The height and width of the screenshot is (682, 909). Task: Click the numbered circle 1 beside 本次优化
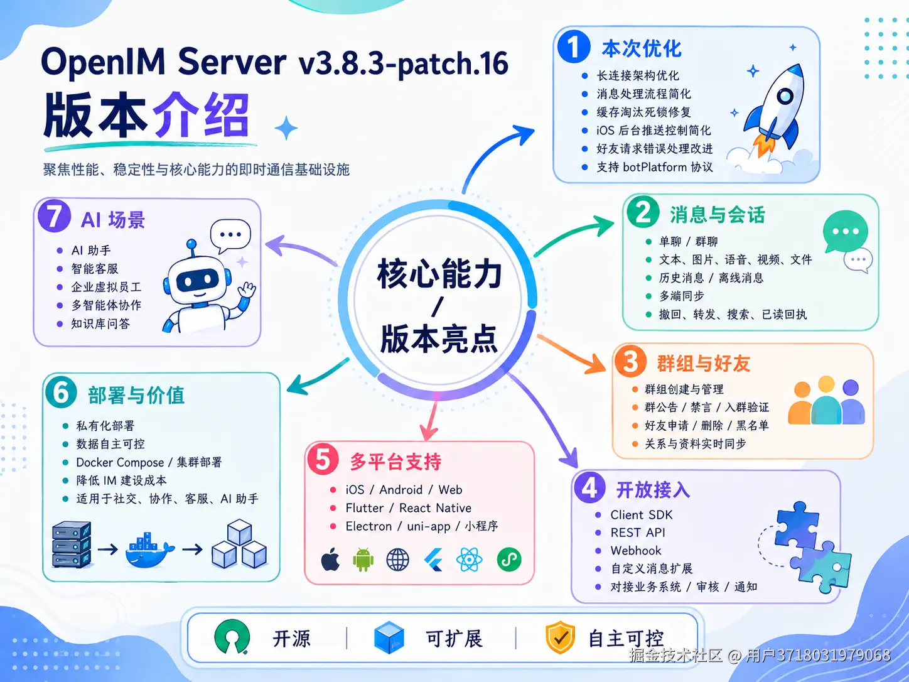coord(574,46)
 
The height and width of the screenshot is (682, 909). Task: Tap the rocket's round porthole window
coord(785,97)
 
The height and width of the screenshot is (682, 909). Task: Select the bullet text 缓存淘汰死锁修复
coord(643,112)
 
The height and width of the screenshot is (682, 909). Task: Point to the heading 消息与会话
coord(718,215)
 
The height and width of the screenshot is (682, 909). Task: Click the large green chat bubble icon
coord(845,231)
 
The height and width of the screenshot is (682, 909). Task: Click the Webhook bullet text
coord(636,550)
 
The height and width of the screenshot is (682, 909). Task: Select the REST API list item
coord(638,532)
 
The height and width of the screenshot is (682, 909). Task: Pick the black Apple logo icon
coord(330,559)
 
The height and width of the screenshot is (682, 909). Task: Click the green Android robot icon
coord(363,560)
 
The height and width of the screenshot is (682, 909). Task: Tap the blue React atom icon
coord(469,560)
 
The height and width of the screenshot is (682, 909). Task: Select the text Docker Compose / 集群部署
coord(149,462)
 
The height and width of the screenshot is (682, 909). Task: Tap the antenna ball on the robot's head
coord(191,244)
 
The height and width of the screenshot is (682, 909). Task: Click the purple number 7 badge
coord(54,216)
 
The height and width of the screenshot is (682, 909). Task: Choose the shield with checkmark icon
coord(561,637)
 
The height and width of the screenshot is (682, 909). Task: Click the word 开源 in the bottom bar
coord(291,639)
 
